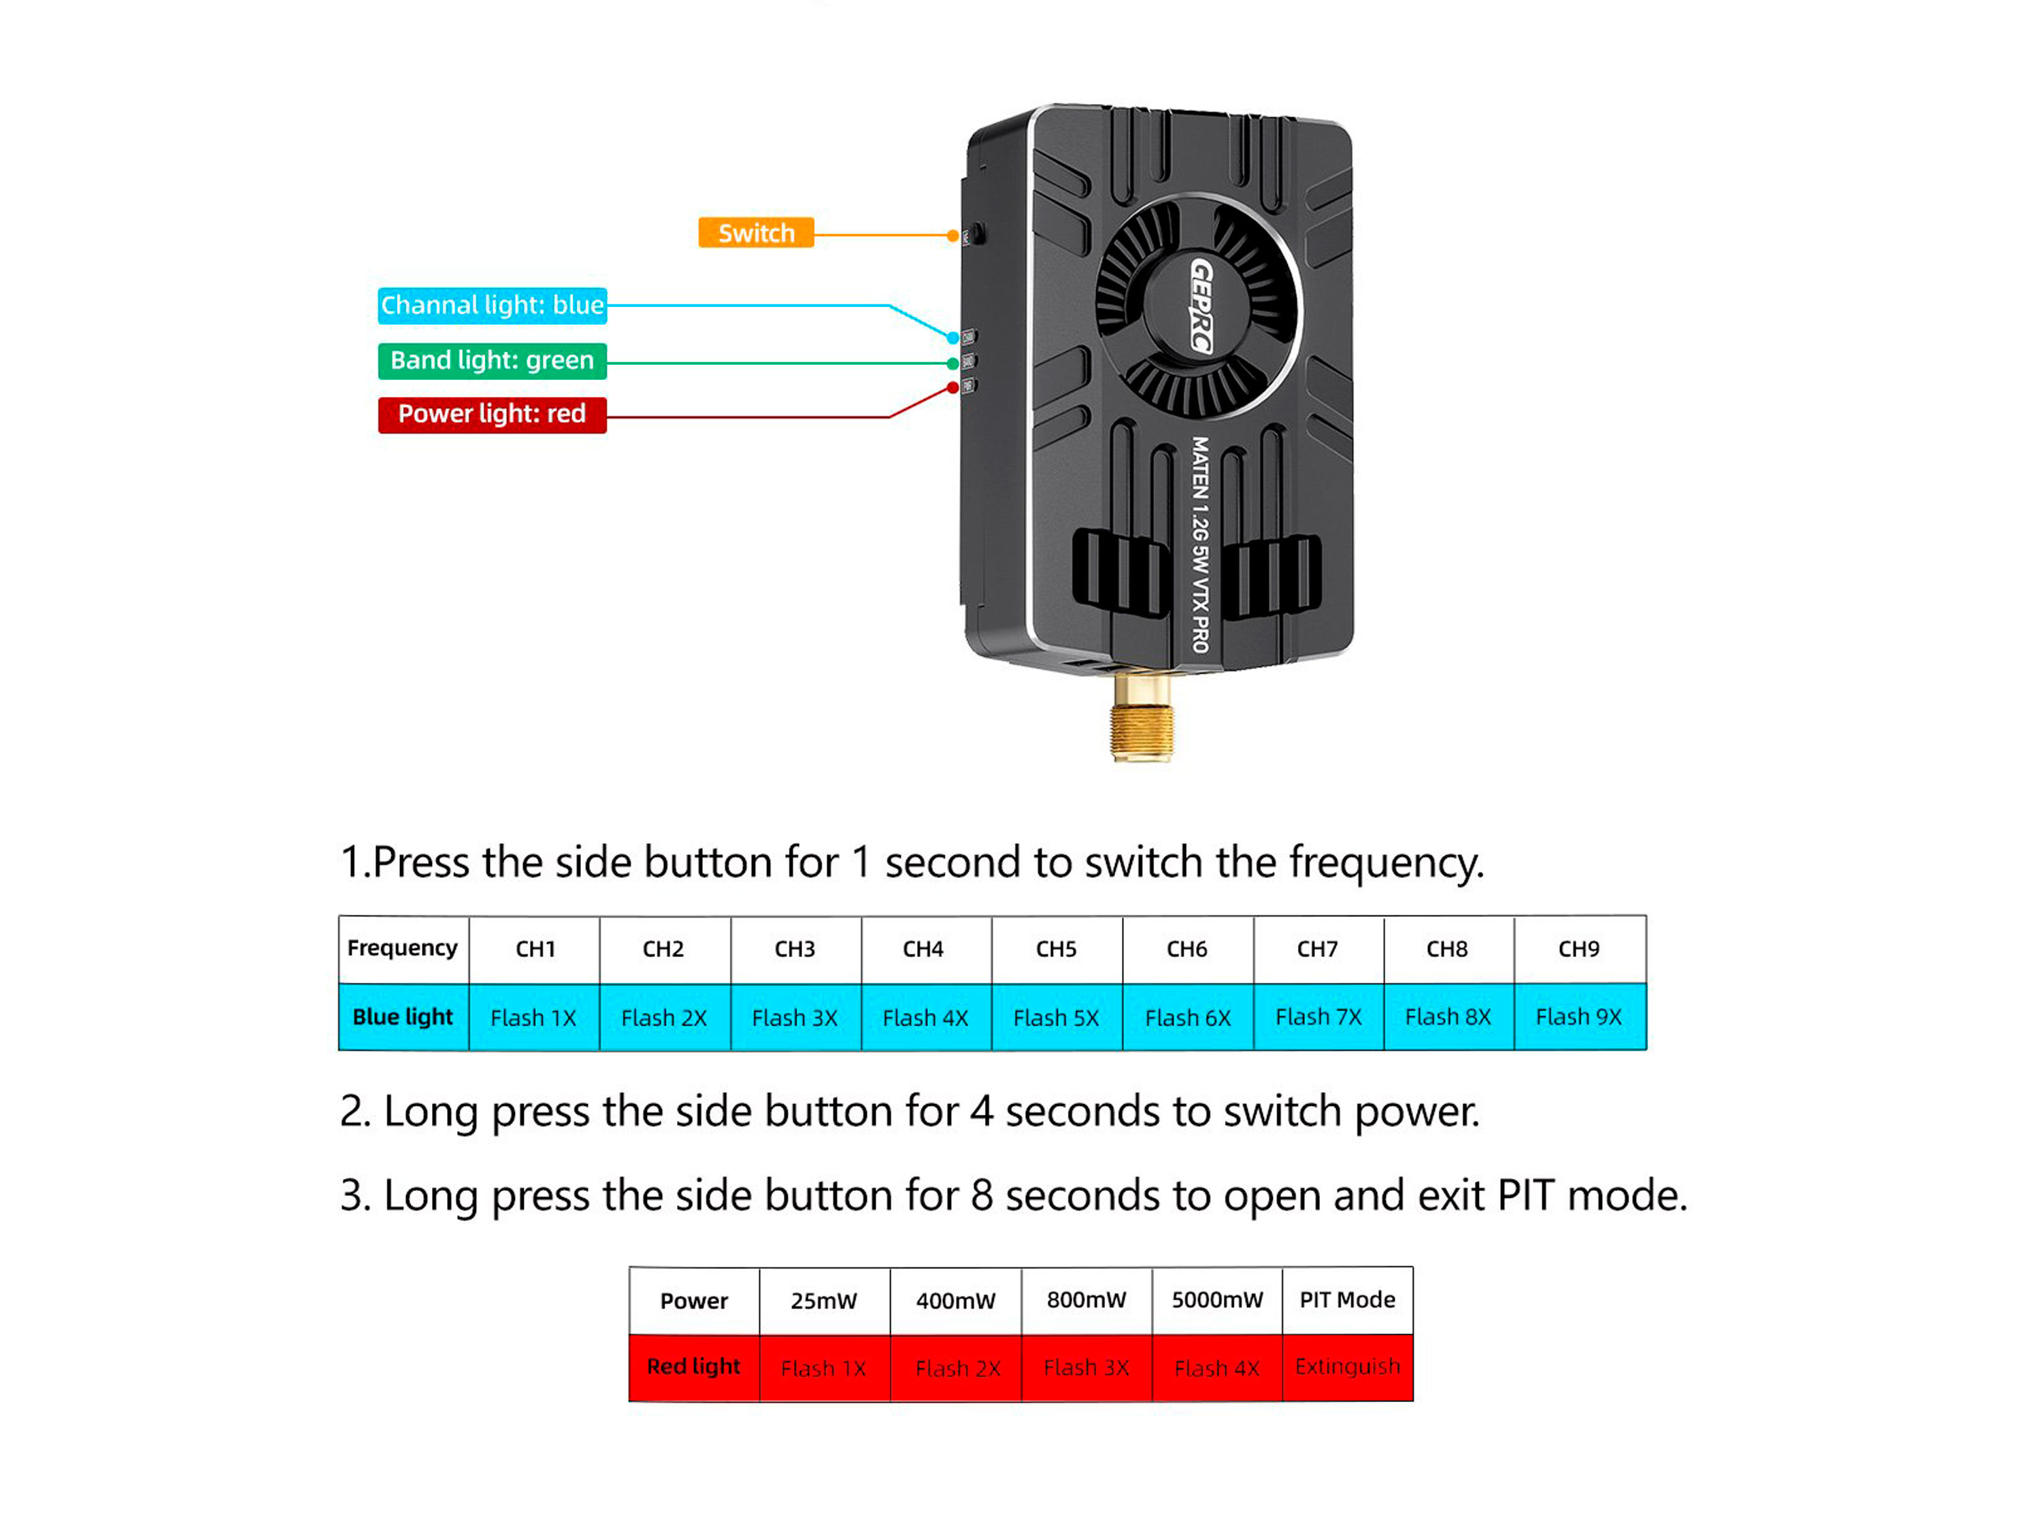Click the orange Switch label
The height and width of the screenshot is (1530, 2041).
(756, 233)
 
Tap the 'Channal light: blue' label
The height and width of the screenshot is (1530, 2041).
(492, 306)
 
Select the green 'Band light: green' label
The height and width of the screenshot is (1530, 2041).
(492, 361)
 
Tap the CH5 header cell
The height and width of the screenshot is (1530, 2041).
(1057, 949)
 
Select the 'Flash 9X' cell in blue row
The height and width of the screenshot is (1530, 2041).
(1579, 1017)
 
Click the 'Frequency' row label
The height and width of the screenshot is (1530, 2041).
(402, 949)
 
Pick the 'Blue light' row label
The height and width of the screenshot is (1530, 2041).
(402, 1017)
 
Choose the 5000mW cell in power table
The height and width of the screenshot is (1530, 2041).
(1217, 1300)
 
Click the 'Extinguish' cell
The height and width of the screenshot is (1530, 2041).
(1347, 1367)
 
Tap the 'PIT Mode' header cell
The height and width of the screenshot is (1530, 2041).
(1347, 1300)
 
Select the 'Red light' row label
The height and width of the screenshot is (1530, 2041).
(694, 1367)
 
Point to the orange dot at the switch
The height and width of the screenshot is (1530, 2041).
(953, 236)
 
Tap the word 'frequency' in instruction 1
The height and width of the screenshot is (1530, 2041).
(1386, 864)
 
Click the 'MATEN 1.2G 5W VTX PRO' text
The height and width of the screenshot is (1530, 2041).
(1199, 544)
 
